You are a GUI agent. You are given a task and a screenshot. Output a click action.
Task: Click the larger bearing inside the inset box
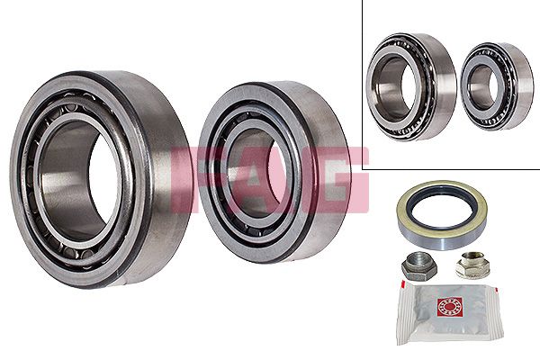409,86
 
